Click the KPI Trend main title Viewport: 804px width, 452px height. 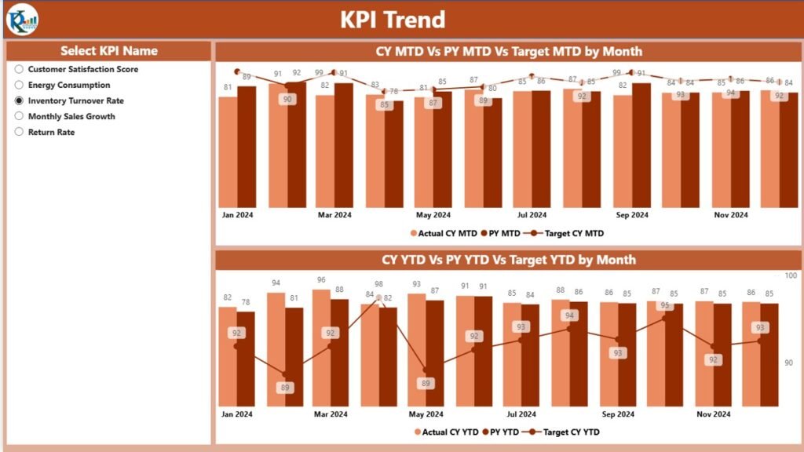(392, 19)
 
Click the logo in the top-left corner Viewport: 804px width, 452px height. (21, 19)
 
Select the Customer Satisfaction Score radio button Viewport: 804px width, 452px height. (19, 70)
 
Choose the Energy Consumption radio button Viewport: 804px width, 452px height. (19, 86)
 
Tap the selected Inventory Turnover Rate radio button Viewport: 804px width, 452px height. (19, 101)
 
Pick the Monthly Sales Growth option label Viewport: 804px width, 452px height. (71, 117)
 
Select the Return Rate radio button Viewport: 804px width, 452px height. (19, 133)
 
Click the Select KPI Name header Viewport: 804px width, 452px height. (109, 51)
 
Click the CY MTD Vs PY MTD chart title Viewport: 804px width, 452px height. (509, 52)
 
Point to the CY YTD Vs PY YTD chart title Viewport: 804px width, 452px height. (509, 260)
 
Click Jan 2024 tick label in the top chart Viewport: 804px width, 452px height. (237, 215)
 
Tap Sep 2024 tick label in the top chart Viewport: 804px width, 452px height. (631, 215)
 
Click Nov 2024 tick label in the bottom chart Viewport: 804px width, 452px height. (713, 414)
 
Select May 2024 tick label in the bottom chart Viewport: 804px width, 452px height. (425, 414)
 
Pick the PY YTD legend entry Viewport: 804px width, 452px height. (499, 432)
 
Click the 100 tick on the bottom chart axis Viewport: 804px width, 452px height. (791, 275)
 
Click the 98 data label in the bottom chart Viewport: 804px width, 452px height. (378, 285)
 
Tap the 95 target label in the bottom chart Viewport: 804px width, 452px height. (665, 305)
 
